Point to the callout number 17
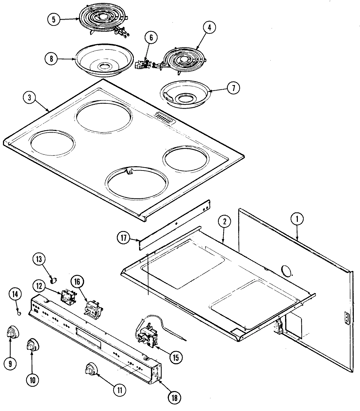pos(124,239)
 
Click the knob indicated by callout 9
pos(12,333)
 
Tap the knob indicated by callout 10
pos(32,345)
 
